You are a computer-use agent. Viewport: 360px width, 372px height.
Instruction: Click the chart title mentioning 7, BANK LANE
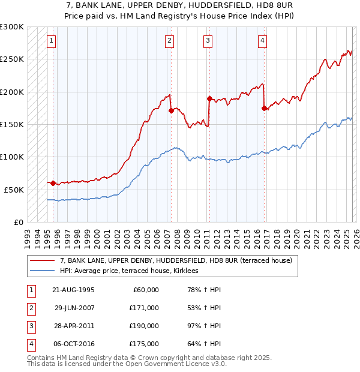tap(180, 5)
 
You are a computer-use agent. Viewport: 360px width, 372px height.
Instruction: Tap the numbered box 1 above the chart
tap(52, 41)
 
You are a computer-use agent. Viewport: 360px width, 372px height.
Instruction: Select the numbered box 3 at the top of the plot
tap(208, 41)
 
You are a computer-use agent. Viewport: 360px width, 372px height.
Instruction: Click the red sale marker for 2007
tap(171, 110)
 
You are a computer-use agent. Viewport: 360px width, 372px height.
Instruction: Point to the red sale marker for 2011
tap(209, 98)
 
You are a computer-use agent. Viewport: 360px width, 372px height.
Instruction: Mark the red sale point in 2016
tap(264, 108)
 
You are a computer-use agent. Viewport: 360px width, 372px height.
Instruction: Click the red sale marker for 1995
tap(53, 183)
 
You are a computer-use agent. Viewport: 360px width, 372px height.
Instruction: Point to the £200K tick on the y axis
tap(12, 92)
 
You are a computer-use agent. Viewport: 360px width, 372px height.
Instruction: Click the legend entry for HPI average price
tap(133, 271)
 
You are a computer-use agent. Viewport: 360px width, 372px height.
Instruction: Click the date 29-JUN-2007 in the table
tap(74, 308)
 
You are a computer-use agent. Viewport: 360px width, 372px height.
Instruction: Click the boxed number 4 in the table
tap(30, 344)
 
